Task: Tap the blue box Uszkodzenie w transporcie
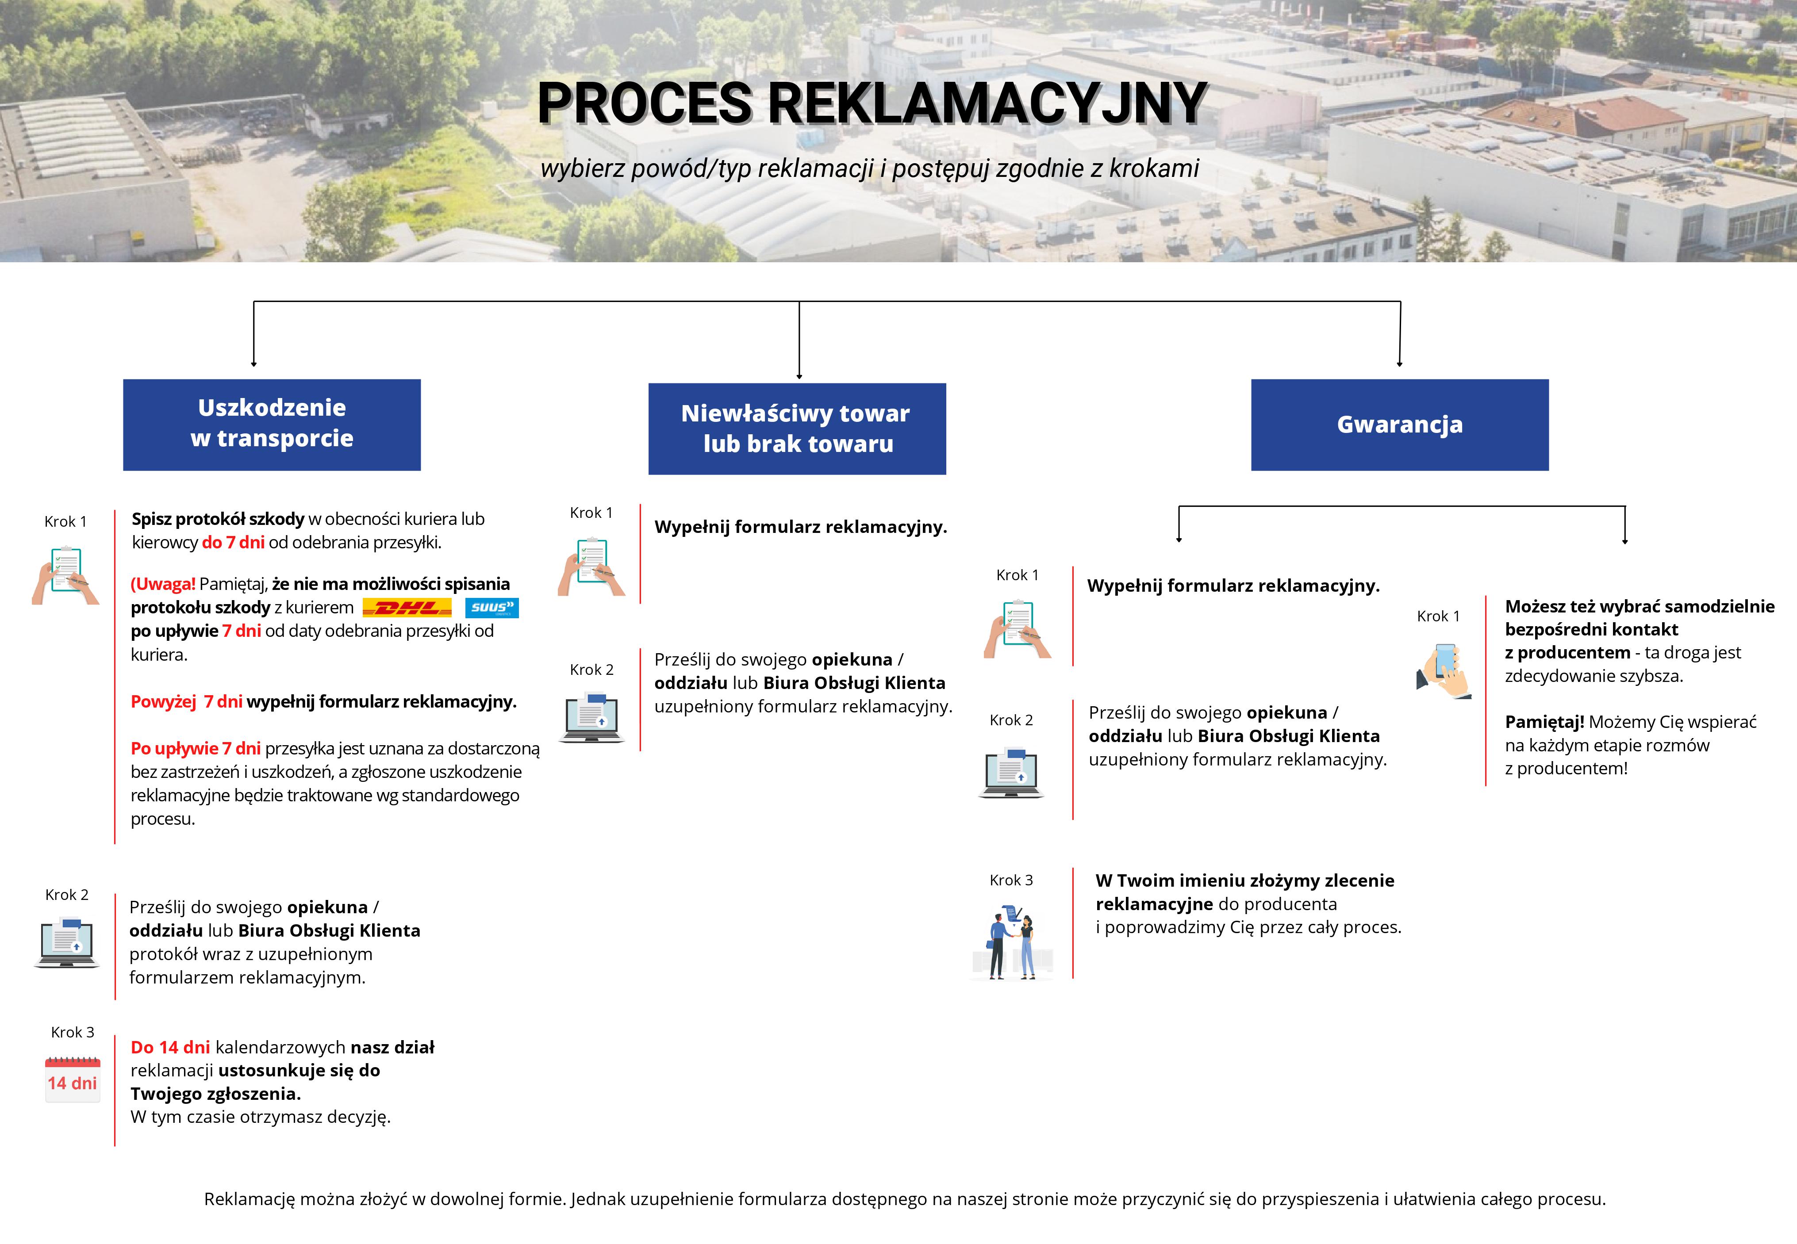[272, 425]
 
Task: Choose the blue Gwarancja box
[1400, 425]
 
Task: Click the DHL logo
[407, 608]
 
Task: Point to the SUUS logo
[492, 608]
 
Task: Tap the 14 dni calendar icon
[73, 1079]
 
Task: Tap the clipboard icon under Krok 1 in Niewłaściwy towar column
[592, 566]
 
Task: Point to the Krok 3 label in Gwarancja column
[1011, 880]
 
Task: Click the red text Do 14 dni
[170, 1048]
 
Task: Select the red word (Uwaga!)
[163, 584]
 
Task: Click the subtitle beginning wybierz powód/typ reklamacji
[870, 168]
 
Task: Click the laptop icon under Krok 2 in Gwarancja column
[1011, 773]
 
